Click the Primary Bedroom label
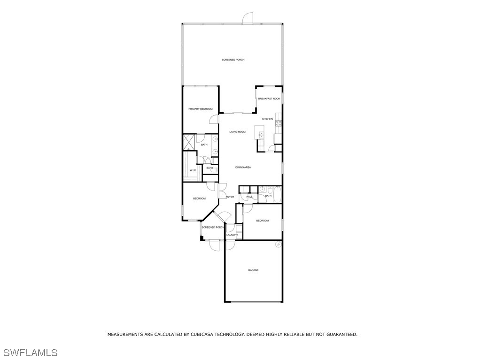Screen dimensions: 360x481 (x=200, y=109)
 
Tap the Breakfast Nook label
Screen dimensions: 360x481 (x=269, y=99)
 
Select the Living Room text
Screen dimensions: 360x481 (x=237, y=132)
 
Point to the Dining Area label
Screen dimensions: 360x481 (x=243, y=168)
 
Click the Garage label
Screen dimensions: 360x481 (x=253, y=270)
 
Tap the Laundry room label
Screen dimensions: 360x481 (x=232, y=235)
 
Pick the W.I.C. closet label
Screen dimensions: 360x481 (x=193, y=170)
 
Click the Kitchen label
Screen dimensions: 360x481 (x=267, y=119)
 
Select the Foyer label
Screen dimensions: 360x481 (x=230, y=197)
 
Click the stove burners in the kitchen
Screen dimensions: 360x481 (x=279, y=123)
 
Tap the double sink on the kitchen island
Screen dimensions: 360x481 (x=261, y=136)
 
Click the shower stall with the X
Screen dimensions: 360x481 (x=189, y=142)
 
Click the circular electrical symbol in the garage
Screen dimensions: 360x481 (x=278, y=245)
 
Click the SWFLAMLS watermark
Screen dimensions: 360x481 (x=31, y=352)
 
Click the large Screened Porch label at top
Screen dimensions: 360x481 (x=233, y=60)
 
